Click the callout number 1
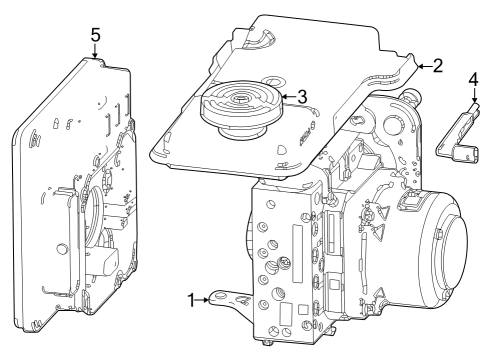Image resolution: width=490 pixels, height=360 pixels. click(191, 298)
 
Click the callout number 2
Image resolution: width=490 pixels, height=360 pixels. click(437, 66)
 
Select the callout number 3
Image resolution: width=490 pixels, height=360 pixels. click(300, 96)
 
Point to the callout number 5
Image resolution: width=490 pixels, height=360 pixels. click(95, 34)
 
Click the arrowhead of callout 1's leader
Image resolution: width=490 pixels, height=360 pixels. click(210, 297)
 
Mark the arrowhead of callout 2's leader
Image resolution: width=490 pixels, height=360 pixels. click(419, 66)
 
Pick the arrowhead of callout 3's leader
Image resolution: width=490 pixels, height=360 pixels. click(283, 97)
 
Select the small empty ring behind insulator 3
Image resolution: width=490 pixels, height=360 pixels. click(273, 82)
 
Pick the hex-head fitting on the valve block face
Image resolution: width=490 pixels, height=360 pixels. click(284, 264)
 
